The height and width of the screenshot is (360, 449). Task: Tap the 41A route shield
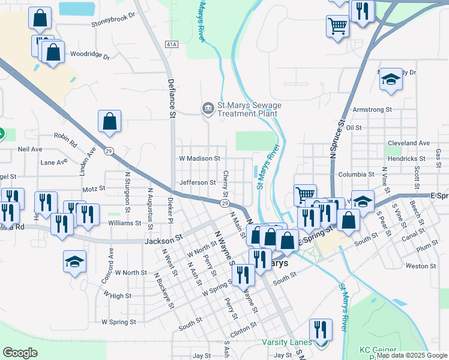coord(172,44)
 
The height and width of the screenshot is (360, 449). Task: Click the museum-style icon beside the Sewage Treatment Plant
coord(208,109)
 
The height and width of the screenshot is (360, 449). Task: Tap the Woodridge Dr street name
coord(90,56)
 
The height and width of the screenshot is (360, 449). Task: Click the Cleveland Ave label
coord(409,143)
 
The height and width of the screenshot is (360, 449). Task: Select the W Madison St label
coord(199,158)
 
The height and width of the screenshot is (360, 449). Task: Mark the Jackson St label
coord(163,239)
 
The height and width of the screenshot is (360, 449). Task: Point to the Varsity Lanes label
coord(287,343)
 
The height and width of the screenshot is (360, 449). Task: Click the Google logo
coord(20,353)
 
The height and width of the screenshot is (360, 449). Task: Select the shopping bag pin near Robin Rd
coord(110,122)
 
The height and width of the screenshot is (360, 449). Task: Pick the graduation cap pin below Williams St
coord(75,261)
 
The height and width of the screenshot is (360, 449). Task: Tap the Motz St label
coord(94,188)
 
